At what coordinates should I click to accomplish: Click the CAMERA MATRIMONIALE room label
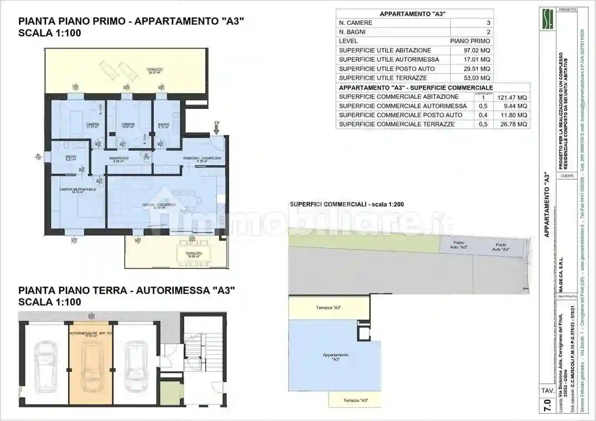click(x=77, y=190)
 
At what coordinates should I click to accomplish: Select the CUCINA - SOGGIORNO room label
click(x=159, y=206)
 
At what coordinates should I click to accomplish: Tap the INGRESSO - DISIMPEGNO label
click(x=202, y=158)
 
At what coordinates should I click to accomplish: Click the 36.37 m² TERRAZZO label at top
click(x=154, y=70)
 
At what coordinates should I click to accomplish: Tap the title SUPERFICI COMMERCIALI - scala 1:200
click(x=347, y=205)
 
